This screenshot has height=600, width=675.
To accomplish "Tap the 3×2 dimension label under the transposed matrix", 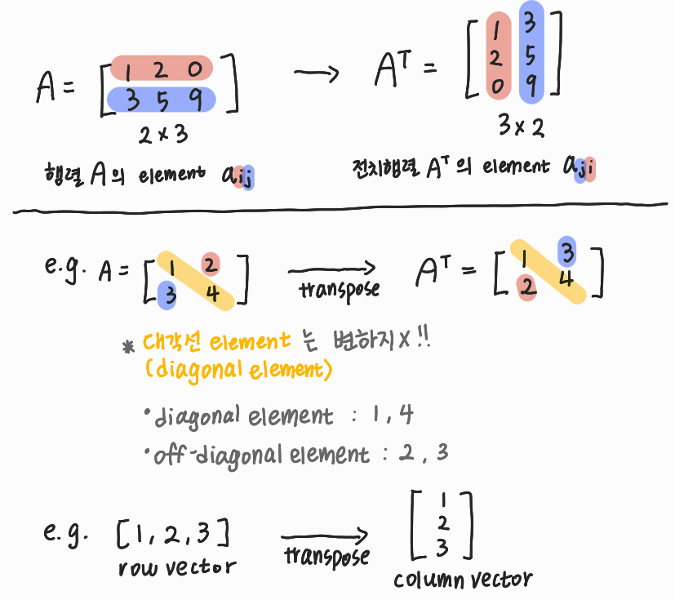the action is [521, 127].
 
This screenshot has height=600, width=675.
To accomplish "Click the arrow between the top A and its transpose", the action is [316, 75].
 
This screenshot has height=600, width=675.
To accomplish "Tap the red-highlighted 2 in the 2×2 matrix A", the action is [210, 265].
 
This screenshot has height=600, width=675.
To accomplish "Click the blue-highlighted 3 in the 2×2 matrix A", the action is [169, 293].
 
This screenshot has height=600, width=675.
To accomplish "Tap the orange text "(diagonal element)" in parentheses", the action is [238, 371].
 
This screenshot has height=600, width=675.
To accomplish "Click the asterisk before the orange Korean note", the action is [128, 346].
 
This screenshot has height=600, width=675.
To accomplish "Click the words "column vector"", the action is [463, 580].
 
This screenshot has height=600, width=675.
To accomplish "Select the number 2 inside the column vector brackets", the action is [442, 522].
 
